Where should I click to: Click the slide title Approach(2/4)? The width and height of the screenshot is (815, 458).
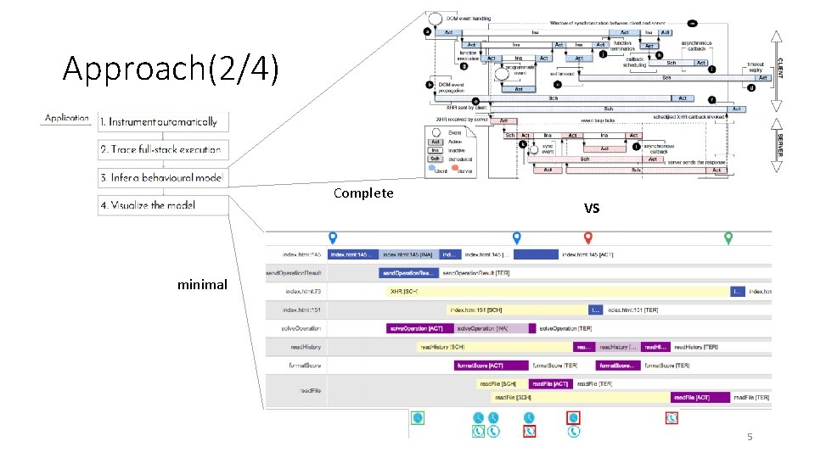(170, 70)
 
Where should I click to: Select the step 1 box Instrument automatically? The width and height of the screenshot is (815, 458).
(161, 122)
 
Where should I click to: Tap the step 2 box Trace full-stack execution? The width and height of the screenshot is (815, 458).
(161, 149)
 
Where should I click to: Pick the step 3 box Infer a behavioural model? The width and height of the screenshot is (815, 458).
(161, 177)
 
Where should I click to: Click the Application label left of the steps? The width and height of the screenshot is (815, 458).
(67, 118)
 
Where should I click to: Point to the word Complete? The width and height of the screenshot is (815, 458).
(363, 193)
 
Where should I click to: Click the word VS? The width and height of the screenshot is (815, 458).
(592, 208)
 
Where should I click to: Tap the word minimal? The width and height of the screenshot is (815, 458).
(202, 285)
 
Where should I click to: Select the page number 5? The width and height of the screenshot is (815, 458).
(749, 438)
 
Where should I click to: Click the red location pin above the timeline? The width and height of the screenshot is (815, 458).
(587, 238)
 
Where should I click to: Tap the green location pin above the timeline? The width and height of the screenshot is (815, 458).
(728, 238)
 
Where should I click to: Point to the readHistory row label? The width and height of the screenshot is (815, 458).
(302, 347)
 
